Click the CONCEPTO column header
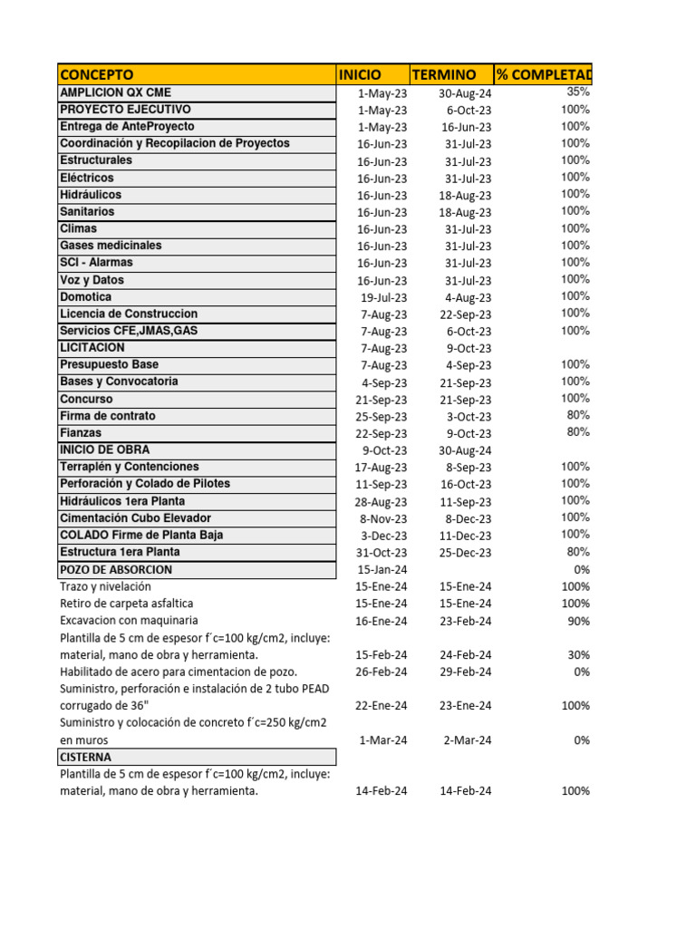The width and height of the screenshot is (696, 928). coord(96,74)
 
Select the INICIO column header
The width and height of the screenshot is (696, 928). coord(360,74)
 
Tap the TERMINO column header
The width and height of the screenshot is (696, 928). coord(443,74)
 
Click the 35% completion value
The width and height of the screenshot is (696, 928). coord(578,92)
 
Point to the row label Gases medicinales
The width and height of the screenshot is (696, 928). coord(111,246)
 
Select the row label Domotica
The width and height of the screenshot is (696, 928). coord(86,296)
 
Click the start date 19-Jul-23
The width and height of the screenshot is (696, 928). coord(383,297)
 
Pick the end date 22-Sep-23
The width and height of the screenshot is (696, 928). coord(466,314)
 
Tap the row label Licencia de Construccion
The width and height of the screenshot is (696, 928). coord(128,314)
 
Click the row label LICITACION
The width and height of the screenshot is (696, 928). coord(92,348)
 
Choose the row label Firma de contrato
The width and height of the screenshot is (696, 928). coord(107,416)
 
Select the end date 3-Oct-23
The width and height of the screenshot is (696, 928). coord(469,417)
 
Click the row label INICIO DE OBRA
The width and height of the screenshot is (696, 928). coord(104,450)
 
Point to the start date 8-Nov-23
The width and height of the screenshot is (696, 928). coord(383,519)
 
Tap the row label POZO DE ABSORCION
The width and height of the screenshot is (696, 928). coord(116,570)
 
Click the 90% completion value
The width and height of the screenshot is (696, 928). coord(578,621)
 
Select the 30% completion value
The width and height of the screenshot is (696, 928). coord(578,654)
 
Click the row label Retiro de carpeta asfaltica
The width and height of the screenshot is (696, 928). coord(126,604)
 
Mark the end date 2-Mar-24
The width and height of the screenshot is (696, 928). coord(468,740)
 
